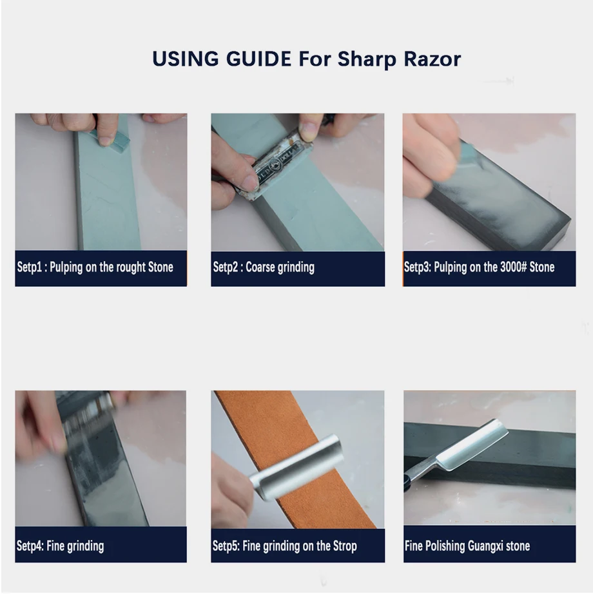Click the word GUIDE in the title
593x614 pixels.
pyautogui.click(x=258, y=59)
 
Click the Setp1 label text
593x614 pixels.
pyautogui.click(x=30, y=267)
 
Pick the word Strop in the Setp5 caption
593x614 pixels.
pyautogui.click(x=345, y=546)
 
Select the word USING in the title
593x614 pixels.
pyautogui.click(x=185, y=59)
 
